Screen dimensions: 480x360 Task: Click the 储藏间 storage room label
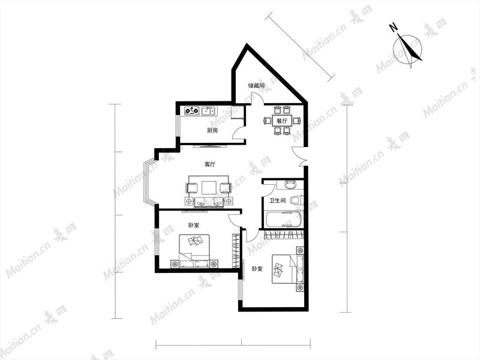point(256,85)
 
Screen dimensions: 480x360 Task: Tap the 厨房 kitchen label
point(212,130)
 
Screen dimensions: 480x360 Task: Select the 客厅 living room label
point(209,164)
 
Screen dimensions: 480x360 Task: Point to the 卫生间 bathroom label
point(277,201)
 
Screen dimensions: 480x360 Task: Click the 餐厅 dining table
point(282,121)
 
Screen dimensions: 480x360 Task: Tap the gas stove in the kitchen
point(192,110)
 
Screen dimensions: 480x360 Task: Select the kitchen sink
point(208,110)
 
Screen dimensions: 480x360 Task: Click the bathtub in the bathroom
point(283,219)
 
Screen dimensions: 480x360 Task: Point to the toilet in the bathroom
point(296,200)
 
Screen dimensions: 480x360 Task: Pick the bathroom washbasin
point(290,184)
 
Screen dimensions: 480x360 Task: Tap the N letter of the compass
point(394,27)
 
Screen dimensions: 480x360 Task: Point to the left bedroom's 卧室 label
point(193,226)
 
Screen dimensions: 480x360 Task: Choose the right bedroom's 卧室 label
point(257,269)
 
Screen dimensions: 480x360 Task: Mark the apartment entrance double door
point(299,157)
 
